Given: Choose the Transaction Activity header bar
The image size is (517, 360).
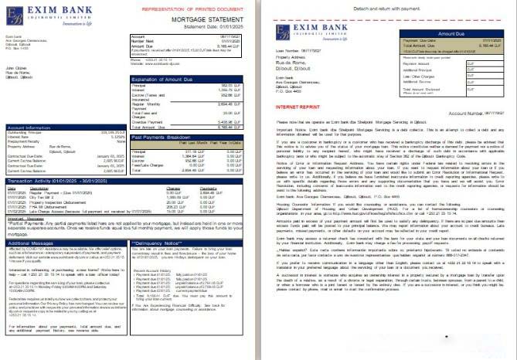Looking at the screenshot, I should tap(46, 180).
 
